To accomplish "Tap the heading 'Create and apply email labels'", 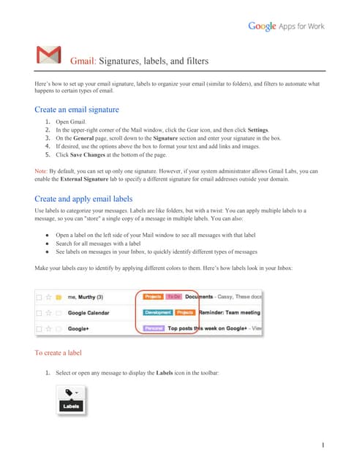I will [x=84, y=198].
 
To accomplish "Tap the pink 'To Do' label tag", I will [x=173, y=297].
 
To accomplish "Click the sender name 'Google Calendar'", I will [x=89, y=312].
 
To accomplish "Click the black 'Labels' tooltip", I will [x=71, y=406].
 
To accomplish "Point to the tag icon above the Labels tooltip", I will [x=68, y=391].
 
